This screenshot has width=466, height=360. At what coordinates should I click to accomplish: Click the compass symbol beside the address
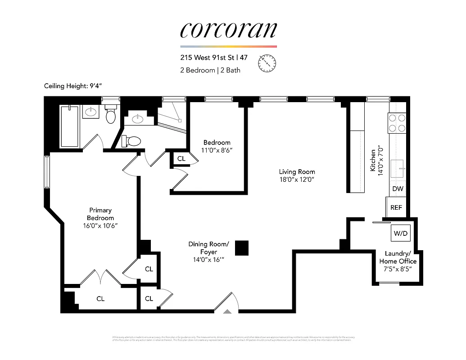[x=267, y=63]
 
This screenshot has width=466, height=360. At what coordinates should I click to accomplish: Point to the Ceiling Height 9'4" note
[x=76, y=86]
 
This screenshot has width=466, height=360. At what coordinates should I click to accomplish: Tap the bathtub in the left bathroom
[x=69, y=126]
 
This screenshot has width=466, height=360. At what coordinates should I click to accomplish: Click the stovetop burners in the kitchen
[x=397, y=123]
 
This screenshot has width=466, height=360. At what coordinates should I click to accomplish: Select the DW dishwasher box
[x=398, y=189]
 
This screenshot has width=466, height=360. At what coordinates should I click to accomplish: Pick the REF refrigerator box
[x=396, y=208]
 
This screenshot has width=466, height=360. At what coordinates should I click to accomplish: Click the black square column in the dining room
[x=242, y=248]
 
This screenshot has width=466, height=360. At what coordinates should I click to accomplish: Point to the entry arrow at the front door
[x=228, y=311]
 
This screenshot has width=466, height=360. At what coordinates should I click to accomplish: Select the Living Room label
[x=297, y=171]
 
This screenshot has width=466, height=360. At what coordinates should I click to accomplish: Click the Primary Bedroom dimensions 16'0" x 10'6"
[x=100, y=225]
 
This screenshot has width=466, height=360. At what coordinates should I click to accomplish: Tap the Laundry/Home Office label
[x=398, y=257]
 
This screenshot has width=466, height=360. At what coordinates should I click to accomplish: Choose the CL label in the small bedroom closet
[x=181, y=159]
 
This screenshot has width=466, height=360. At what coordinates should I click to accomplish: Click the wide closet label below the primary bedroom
[x=100, y=298]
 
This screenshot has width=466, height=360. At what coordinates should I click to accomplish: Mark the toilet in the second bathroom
[x=132, y=141]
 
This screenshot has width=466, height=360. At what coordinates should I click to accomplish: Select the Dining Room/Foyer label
[x=208, y=248]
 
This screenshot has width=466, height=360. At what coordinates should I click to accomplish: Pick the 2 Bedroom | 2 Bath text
[x=210, y=70]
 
